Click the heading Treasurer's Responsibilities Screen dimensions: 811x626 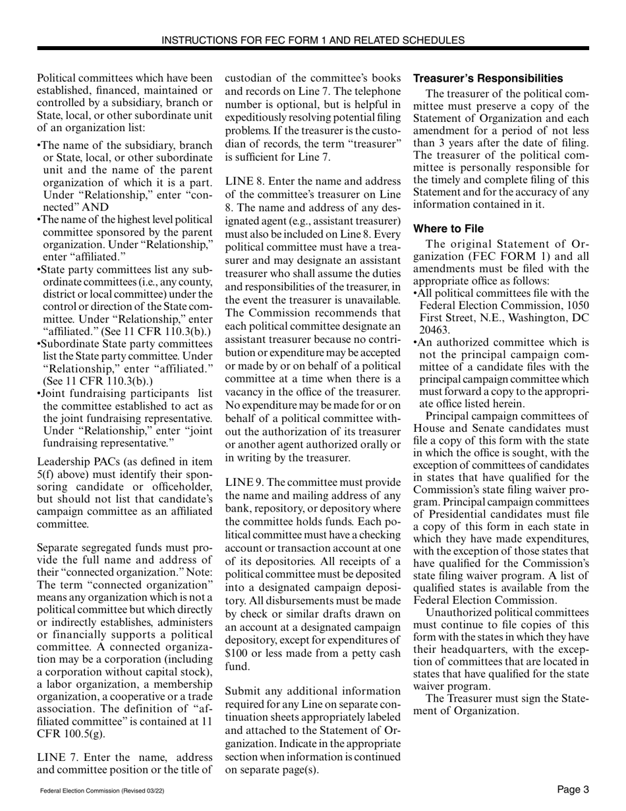tap(488, 78)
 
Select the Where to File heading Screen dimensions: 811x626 tap(448, 229)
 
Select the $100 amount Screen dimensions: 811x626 tap(237, 653)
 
